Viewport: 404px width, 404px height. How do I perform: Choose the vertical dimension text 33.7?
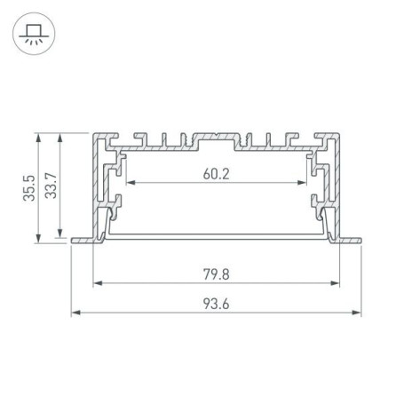51,188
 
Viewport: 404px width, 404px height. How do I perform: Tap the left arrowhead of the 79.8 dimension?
96,284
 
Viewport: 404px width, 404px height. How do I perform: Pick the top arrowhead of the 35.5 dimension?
40,137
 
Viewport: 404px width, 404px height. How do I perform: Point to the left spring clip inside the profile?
112,218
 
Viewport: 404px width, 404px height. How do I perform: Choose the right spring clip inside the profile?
321,218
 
